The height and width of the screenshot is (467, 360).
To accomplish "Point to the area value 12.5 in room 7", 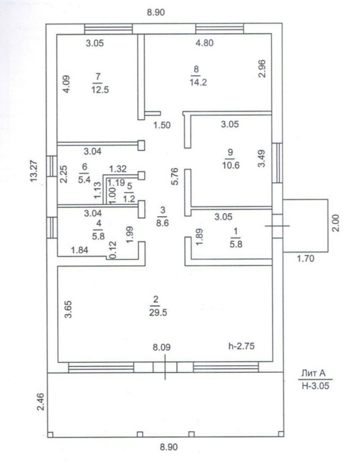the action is (x=97, y=89).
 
